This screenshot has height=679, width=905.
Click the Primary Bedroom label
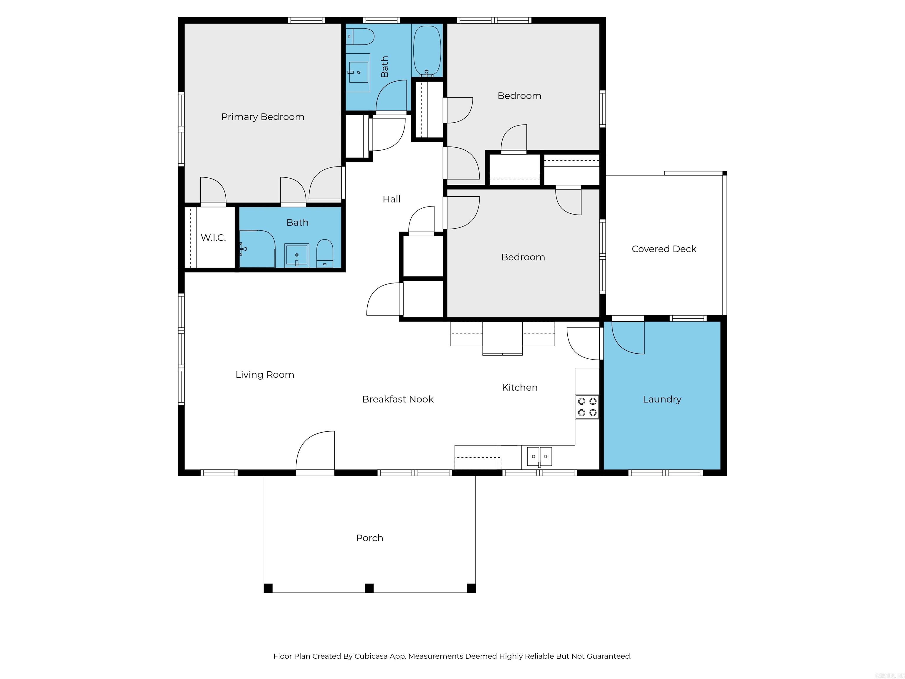[263, 117]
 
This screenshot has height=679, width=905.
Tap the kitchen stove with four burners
[587, 407]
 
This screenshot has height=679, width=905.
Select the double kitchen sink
[539, 456]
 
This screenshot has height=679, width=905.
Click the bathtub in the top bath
[427, 51]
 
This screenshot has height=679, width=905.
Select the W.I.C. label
[213, 238]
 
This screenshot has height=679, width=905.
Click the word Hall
[392, 199]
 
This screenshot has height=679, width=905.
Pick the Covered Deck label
[664, 249]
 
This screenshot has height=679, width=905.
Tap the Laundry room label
[662, 399]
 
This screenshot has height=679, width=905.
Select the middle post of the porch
[369, 588]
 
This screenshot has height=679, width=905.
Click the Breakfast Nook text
[398, 399]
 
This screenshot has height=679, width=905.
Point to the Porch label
[369, 538]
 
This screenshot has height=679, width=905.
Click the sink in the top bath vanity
[359, 72]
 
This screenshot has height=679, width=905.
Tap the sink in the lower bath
[297, 255]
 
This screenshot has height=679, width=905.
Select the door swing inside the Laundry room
[627, 338]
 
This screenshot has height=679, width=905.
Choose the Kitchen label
[520, 388]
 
